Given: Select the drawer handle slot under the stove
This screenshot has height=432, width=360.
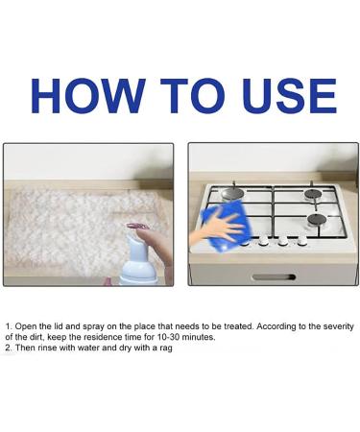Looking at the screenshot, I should pyautogui.click(x=274, y=277).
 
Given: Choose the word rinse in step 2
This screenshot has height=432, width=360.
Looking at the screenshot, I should pyautogui.click(x=45, y=348).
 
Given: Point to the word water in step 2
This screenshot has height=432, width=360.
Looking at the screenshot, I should pyautogui.click(x=84, y=348).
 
